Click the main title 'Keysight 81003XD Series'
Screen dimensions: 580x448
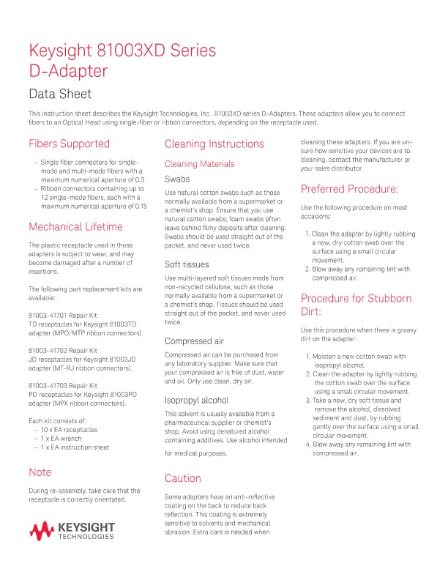[x=122, y=51]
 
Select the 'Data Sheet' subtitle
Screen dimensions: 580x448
[x=60, y=94]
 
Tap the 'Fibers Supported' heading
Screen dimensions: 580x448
[x=69, y=144]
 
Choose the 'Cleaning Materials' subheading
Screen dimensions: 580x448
[x=199, y=164]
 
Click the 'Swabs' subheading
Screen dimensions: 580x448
[x=178, y=179]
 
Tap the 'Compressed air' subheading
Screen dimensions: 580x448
[x=194, y=341]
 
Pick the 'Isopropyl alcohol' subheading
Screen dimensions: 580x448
[x=197, y=401]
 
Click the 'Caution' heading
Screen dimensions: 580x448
[x=183, y=478]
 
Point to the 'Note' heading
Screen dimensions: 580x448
[x=40, y=472]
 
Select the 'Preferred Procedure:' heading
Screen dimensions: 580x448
[x=349, y=189]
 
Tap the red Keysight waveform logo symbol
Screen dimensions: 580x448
[x=42, y=530]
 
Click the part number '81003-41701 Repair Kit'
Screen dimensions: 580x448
[x=63, y=316]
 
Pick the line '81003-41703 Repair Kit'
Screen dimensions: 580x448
[x=63, y=385]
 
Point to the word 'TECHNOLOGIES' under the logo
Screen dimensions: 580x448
[x=86, y=537]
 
